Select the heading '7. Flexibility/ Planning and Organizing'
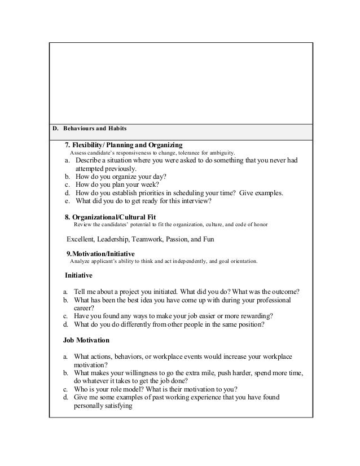coord(124,144)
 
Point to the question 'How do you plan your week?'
coord(116,184)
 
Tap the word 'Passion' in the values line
coord(179,239)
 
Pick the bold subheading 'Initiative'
coord(79,276)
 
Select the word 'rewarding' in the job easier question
coord(252,316)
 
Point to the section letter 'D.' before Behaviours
coord(55,130)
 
